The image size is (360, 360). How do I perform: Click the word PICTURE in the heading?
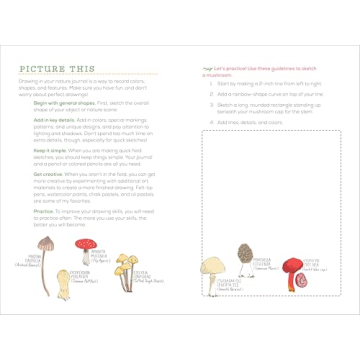point(43,69)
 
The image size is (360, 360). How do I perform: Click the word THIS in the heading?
point(83,69)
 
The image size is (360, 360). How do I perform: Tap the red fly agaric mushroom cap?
point(99,255)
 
